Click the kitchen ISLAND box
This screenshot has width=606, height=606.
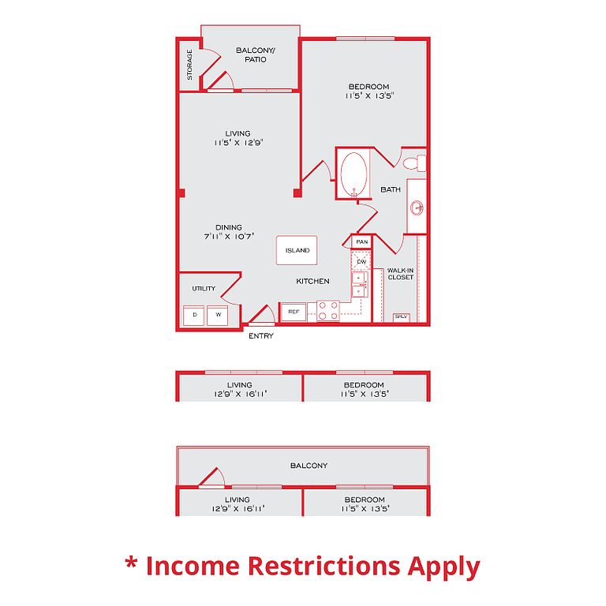click(x=297, y=250)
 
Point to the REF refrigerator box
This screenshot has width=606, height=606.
click(x=294, y=312)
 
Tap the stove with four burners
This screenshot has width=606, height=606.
click(x=328, y=311)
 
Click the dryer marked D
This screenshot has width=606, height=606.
click(x=194, y=316)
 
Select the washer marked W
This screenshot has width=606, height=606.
click(x=217, y=316)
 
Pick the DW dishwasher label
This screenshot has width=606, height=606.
click(x=361, y=261)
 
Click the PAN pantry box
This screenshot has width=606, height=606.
click(x=362, y=242)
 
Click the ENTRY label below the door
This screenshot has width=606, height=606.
click(x=261, y=336)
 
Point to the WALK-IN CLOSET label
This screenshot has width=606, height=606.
click(x=401, y=274)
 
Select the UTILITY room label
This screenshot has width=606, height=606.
click(x=203, y=289)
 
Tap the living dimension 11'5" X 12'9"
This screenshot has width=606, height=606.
click(x=238, y=143)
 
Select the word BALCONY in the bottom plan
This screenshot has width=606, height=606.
click(x=309, y=466)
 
